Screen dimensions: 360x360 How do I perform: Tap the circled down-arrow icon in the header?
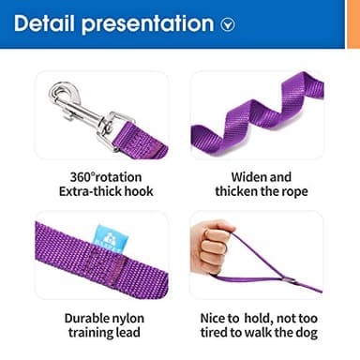point(228,25)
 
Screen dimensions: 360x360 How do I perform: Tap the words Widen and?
point(261,176)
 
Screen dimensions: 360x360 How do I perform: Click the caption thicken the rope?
point(261,192)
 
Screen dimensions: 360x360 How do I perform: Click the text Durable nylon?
point(103,317)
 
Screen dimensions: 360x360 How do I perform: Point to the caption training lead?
point(103,333)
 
